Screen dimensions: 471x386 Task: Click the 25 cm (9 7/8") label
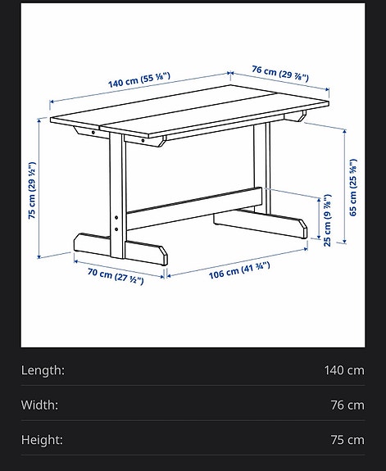pos(327,220)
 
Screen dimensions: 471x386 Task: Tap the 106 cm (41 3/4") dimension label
pos(238,269)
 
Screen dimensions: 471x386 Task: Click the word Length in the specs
pos(43,370)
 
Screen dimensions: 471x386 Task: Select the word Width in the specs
pos(39,405)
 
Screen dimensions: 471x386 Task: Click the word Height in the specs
pos(42,440)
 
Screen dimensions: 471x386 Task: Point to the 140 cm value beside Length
pos(344,370)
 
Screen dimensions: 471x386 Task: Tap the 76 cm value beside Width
pos(347,405)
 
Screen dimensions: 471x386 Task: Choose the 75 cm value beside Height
pos(347,440)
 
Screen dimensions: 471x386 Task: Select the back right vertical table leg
pos(261,164)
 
